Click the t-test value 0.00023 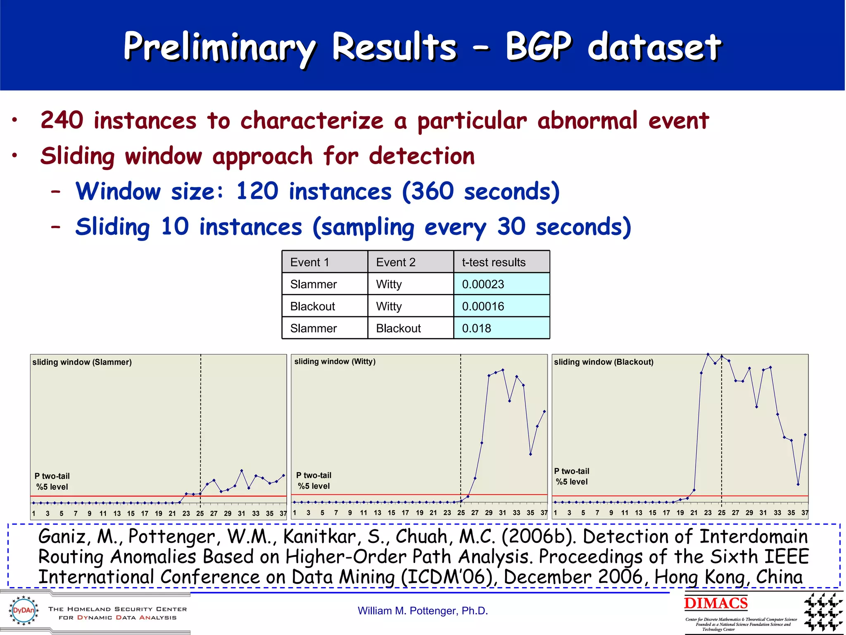482,284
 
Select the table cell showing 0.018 476,328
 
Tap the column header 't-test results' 493,262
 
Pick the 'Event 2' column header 395,262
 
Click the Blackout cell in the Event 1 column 312,306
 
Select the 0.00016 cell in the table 482,306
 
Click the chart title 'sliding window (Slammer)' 82,362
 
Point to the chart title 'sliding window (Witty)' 335,361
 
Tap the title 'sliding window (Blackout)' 603,362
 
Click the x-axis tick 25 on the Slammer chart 200,513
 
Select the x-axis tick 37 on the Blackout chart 805,513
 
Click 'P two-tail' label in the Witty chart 314,475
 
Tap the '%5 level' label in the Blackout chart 571,482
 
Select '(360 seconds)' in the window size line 480,191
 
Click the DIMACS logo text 715,603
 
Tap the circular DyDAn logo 24,610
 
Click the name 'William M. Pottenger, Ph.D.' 423,611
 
